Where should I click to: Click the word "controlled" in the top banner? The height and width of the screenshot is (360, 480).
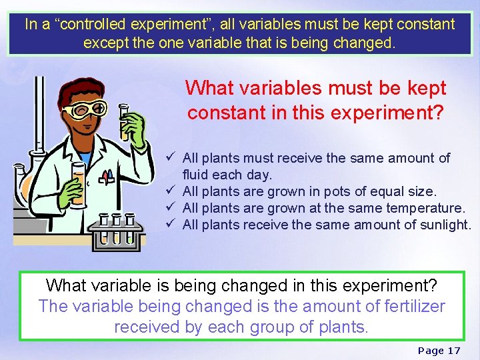97,25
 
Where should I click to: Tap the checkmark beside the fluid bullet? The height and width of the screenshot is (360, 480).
172,158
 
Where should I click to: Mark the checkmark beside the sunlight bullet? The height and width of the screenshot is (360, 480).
172,225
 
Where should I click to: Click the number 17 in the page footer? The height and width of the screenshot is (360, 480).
453,350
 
